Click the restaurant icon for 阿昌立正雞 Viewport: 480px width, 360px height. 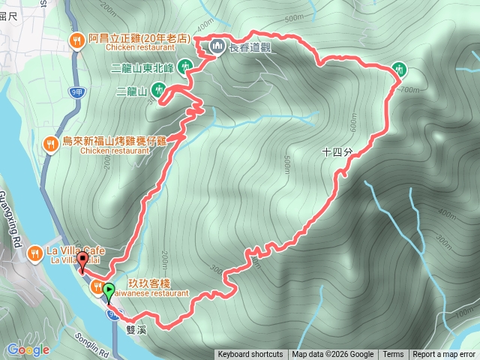coord(76,42)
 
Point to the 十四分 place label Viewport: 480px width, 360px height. coord(336,152)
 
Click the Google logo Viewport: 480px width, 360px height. coord(28,350)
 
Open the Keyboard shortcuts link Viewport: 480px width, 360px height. coord(250,355)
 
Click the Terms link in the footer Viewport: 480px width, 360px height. coord(393,355)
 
